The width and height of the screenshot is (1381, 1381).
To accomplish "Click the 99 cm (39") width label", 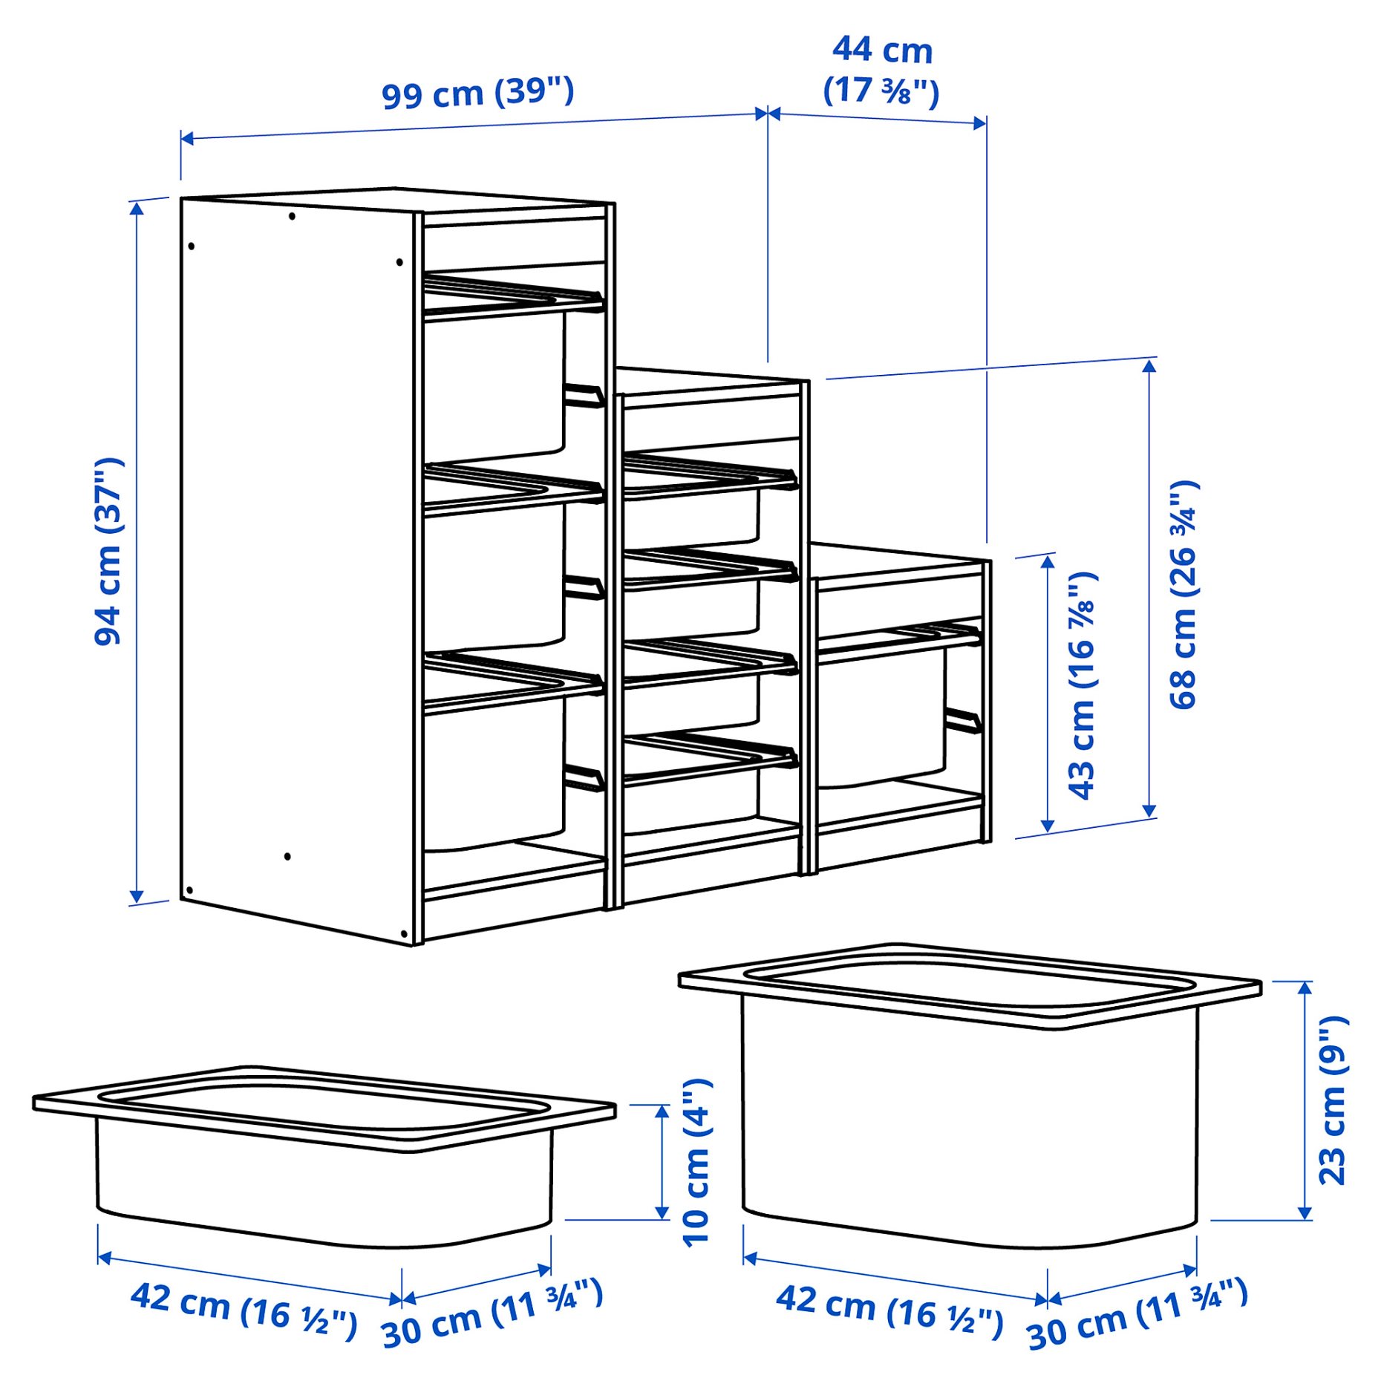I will coord(477,94).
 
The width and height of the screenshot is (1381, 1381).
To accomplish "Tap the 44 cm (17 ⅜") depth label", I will coord(881,71).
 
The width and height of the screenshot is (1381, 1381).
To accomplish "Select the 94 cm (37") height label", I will coord(109,551).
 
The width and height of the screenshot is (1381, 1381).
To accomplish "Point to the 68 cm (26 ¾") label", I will coord(1184,594).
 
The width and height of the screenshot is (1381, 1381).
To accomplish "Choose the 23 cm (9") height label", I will coord(1332,1100).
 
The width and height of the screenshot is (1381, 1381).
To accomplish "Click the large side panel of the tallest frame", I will coord(297,564).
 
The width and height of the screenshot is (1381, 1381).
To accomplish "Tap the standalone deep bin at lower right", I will coord(969,1099).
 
